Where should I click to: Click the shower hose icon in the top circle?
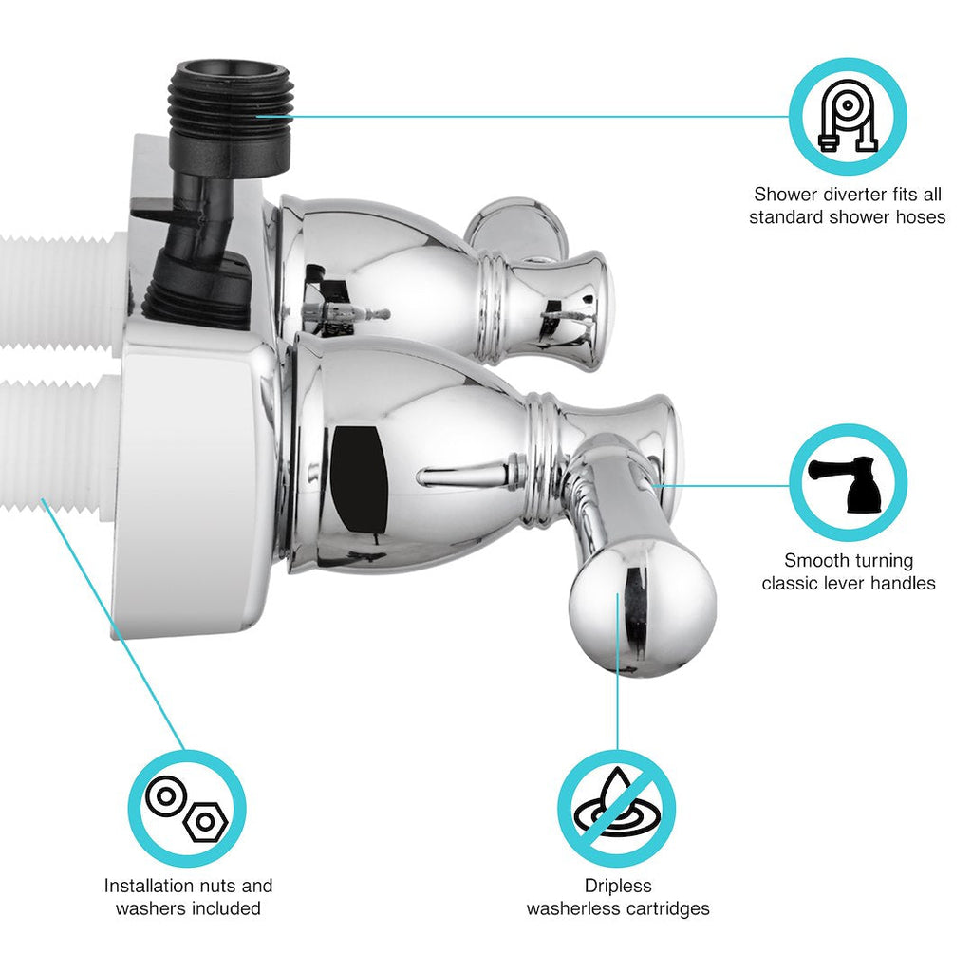click(848, 116)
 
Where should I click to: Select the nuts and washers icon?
click(187, 809)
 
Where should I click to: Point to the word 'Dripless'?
click(617, 886)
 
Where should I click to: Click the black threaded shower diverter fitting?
click(229, 115)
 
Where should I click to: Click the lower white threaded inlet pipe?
click(60, 443)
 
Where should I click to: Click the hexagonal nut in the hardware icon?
click(205, 822)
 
